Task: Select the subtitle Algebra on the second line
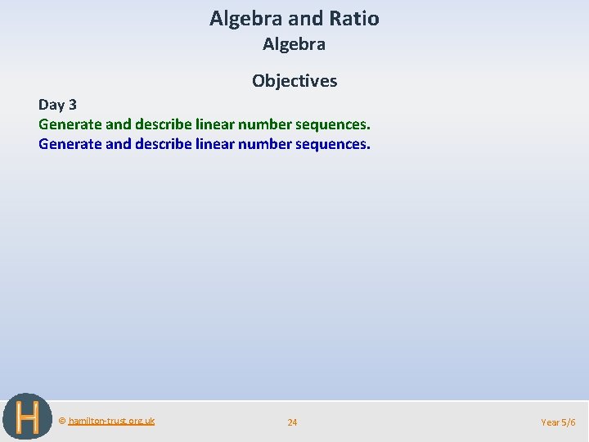[294, 45]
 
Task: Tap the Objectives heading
[294, 80]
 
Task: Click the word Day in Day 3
[52, 106]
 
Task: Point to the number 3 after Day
[73, 106]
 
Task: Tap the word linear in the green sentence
[215, 125]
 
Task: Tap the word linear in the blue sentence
[215, 145]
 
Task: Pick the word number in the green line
[264, 125]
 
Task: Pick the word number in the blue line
[264, 145]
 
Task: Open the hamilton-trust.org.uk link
[111, 421]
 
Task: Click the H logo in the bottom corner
[26, 417]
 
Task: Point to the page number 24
[292, 422]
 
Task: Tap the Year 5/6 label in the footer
[558, 422]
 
